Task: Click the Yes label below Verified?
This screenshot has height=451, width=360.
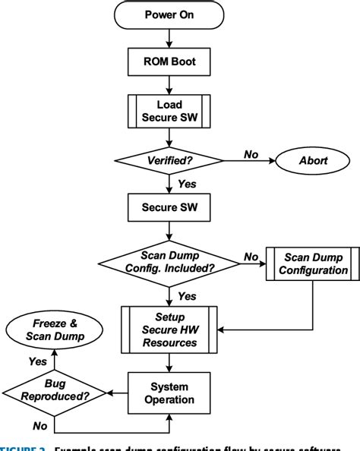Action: click(185, 183)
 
